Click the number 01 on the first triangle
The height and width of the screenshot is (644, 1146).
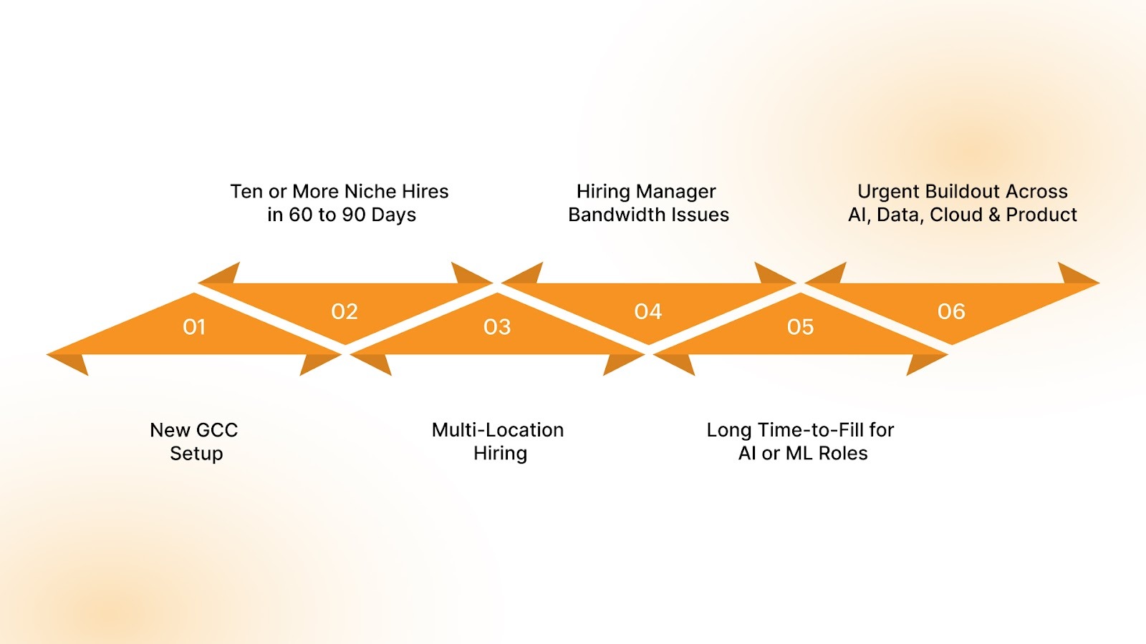click(194, 327)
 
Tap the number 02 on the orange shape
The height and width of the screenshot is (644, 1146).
click(345, 312)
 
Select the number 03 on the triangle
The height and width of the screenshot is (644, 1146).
click(497, 327)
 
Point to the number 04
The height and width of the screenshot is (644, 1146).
click(648, 312)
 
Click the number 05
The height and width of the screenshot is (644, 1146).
click(800, 327)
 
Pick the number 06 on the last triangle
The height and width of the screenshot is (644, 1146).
click(951, 312)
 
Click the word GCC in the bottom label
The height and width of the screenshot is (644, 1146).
click(216, 430)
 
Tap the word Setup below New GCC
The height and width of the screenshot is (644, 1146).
click(196, 454)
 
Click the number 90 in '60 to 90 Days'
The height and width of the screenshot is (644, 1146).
click(354, 215)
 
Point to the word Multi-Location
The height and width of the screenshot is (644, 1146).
click(498, 430)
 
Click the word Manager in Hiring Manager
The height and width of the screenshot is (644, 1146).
click(676, 192)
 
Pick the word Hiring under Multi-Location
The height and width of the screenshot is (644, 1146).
click(500, 454)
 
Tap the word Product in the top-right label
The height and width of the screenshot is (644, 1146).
click(1041, 215)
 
